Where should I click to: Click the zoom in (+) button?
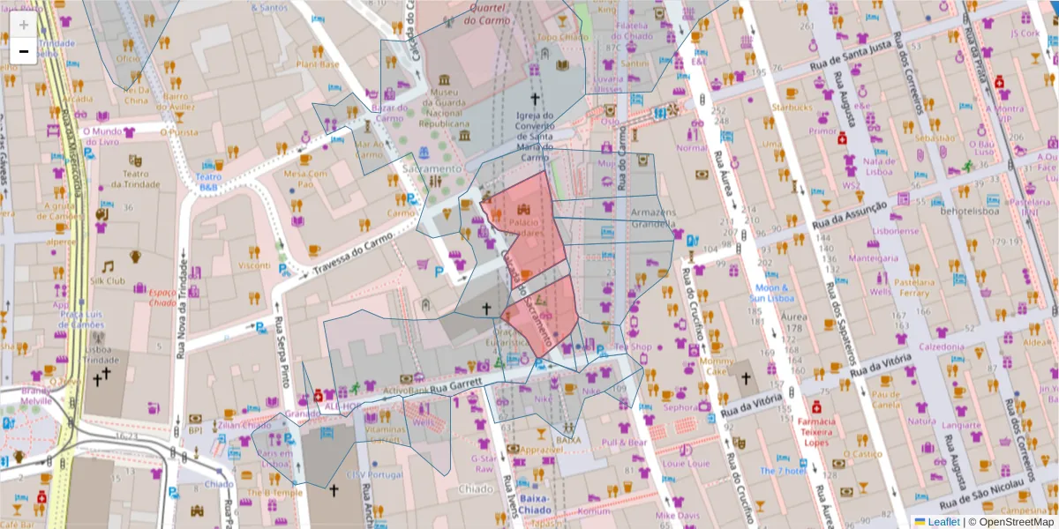pyautogui.click(x=24, y=24)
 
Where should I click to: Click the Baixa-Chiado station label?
pyautogui.click(x=534, y=504)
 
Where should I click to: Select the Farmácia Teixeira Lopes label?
pyautogui.click(x=817, y=432)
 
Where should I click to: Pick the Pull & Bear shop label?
pyautogui.click(x=625, y=442)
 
